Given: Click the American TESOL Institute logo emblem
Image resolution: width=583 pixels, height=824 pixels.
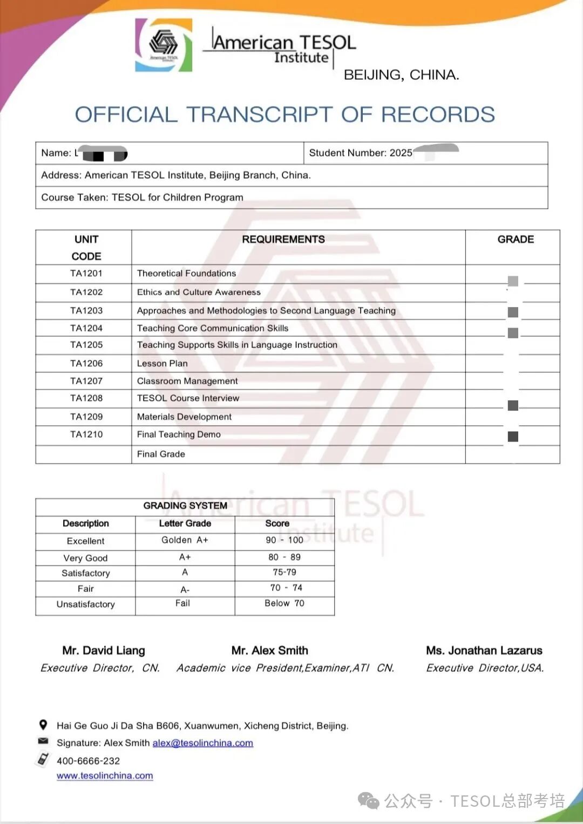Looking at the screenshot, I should click(164, 45).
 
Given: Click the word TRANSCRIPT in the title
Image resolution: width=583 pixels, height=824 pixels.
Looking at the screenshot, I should click(259, 114).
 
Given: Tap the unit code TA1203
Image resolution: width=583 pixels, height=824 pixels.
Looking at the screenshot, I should click(86, 310).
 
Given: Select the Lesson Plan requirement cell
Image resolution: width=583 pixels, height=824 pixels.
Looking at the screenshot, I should click(162, 363).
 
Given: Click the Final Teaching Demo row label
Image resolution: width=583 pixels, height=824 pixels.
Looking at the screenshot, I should click(179, 434).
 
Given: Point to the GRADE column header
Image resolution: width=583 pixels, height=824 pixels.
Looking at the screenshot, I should click(516, 239).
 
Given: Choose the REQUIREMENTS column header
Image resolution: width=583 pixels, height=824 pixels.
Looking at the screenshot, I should click(283, 239).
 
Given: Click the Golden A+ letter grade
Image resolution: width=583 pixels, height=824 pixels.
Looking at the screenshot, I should click(185, 540).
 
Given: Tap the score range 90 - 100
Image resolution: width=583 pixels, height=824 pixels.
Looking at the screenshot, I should click(284, 540).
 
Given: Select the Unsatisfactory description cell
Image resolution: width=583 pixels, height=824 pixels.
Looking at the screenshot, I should click(86, 604).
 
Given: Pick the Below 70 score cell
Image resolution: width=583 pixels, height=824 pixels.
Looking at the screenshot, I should click(284, 603).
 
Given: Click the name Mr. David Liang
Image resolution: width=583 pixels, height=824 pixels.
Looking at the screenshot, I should click(104, 650).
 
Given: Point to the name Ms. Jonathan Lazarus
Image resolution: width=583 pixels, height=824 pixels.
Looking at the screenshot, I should click(484, 650).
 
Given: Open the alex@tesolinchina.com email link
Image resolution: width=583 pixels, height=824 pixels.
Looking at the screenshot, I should click(203, 743).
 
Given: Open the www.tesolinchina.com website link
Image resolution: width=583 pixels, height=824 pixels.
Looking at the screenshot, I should click(105, 775).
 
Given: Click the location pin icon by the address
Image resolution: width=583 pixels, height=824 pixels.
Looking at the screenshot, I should click(43, 725).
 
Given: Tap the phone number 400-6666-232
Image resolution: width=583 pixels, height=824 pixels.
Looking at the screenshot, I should click(89, 761).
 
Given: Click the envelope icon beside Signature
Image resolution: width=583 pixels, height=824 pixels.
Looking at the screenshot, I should click(43, 741).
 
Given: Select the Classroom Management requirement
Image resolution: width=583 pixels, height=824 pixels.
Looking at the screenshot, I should click(187, 381).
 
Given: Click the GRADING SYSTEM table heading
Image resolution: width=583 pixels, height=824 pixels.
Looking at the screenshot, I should click(185, 506).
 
